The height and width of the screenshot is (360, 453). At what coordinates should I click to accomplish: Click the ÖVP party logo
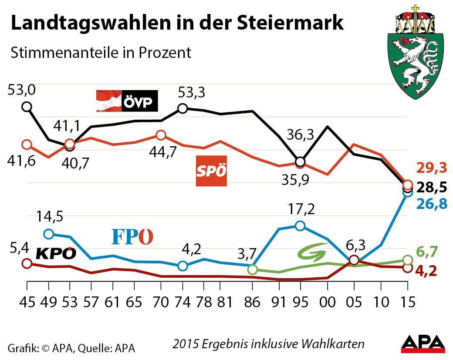click(127, 101)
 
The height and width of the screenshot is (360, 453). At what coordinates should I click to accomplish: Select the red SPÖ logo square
click(211, 171)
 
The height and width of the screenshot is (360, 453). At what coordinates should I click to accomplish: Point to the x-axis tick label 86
click(252, 301)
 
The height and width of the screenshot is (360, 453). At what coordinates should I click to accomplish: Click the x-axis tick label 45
click(27, 301)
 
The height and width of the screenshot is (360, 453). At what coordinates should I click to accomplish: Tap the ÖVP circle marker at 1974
click(183, 108)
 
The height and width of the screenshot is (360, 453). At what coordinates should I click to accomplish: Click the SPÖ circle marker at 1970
click(161, 135)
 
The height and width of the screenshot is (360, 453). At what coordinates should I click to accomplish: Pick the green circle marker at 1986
click(252, 270)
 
